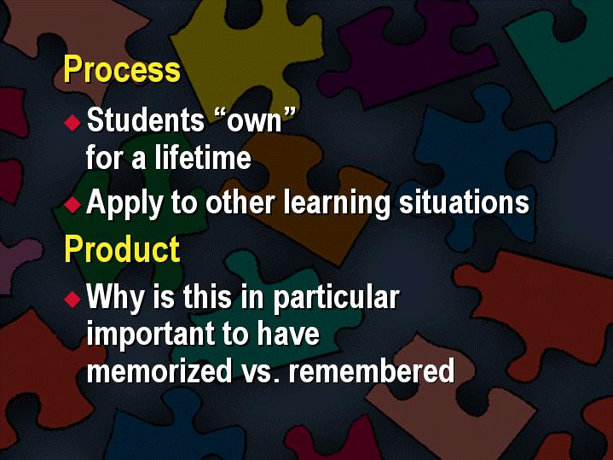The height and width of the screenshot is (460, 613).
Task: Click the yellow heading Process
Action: click(122, 69)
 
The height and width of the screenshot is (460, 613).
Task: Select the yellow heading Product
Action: click(122, 249)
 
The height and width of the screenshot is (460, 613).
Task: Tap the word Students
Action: click(146, 119)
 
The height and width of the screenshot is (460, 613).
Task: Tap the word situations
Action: click(464, 201)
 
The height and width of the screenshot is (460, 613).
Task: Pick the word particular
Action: click(336, 298)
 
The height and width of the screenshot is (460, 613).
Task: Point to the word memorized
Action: click(159, 370)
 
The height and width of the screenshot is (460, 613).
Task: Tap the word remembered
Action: click(372, 370)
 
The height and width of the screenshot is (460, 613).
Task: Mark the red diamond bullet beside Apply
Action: click(72, 204)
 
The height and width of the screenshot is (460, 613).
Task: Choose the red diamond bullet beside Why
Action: click(72, 299)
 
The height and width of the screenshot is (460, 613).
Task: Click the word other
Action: click(240, 202)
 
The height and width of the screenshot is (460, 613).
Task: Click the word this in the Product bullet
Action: click(207, 296)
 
